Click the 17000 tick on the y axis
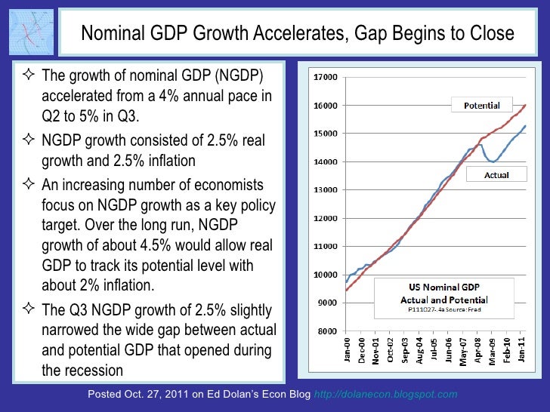click(326, 77)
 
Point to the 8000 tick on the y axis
click(327, 331)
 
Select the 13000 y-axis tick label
click(326, 190)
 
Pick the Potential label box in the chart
click(480, 104)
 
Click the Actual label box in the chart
click(496, 174)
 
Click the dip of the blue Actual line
click(493, 161)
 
